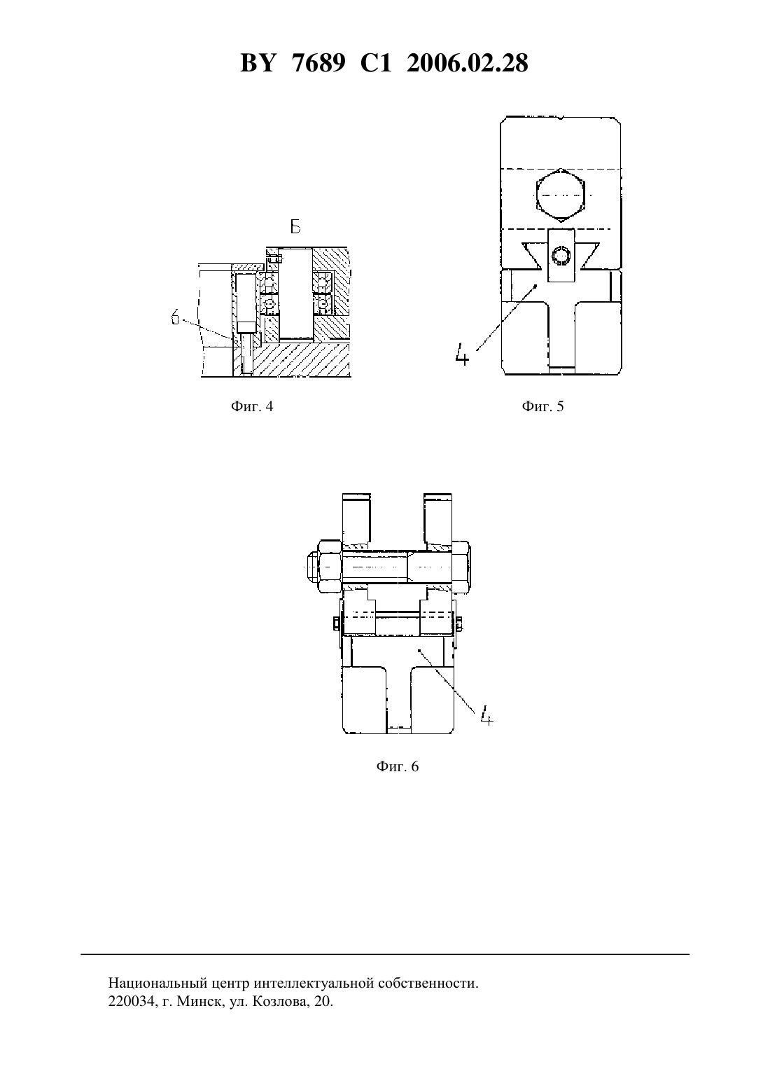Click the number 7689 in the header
click(x=318, y=63)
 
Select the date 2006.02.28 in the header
click(x=467, y=63)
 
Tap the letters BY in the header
click(x=258, y=63)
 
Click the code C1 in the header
click(x=376, y=63)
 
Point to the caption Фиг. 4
click(x=252, y=406)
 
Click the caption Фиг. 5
click(x=542, y=406)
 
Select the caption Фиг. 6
click(x=397, y=766)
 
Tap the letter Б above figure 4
click(x=295, y=226)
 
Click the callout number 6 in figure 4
click(x=176, y=318)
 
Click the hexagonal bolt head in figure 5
click(x=561, y=195)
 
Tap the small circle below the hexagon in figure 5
click(x=561, y=256)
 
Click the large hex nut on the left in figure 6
click(x=330, y=567)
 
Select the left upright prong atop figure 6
click(x=356, y=519)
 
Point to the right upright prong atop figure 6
click(x=437, y=519)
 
